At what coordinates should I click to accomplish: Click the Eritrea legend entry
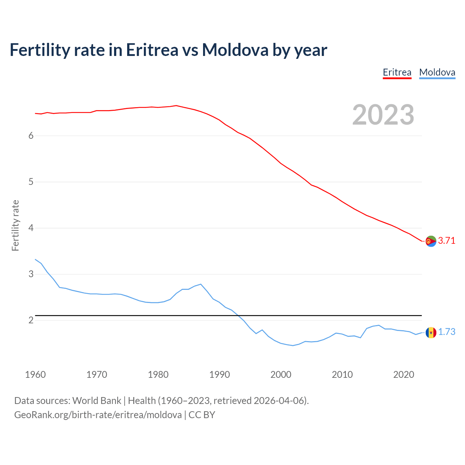[x=397, y=72]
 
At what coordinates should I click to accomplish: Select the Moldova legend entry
[x=437, y=72]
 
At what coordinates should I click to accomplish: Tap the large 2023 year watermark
[x=383, y=115]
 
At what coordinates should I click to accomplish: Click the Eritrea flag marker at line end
[x=431, y=241]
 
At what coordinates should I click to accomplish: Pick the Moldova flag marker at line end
[x=431, y=332]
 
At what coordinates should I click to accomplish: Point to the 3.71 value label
[x=446, y=241]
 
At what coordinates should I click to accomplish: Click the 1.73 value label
[x=446, y=332]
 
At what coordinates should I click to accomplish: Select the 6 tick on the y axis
[x=31, y=136]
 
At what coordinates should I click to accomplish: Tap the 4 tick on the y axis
[x=31, y=228]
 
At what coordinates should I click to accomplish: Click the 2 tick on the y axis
[x=31, y=320]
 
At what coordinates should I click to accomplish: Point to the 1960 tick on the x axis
[x=35, y=375]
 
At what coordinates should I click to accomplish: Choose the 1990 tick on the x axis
[x=219, y=375]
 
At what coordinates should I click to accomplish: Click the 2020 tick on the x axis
[x=404, y=375]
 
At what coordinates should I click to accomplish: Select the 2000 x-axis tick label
[x=281, y=375]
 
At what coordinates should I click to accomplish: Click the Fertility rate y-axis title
[x=15, y=225]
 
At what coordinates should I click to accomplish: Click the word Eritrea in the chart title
[x=152, y=50]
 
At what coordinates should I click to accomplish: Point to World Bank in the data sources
[x=97, y=401]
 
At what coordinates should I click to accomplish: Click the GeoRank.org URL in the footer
[x=98, y=415]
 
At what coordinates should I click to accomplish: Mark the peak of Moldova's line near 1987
[x=201, y=284]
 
